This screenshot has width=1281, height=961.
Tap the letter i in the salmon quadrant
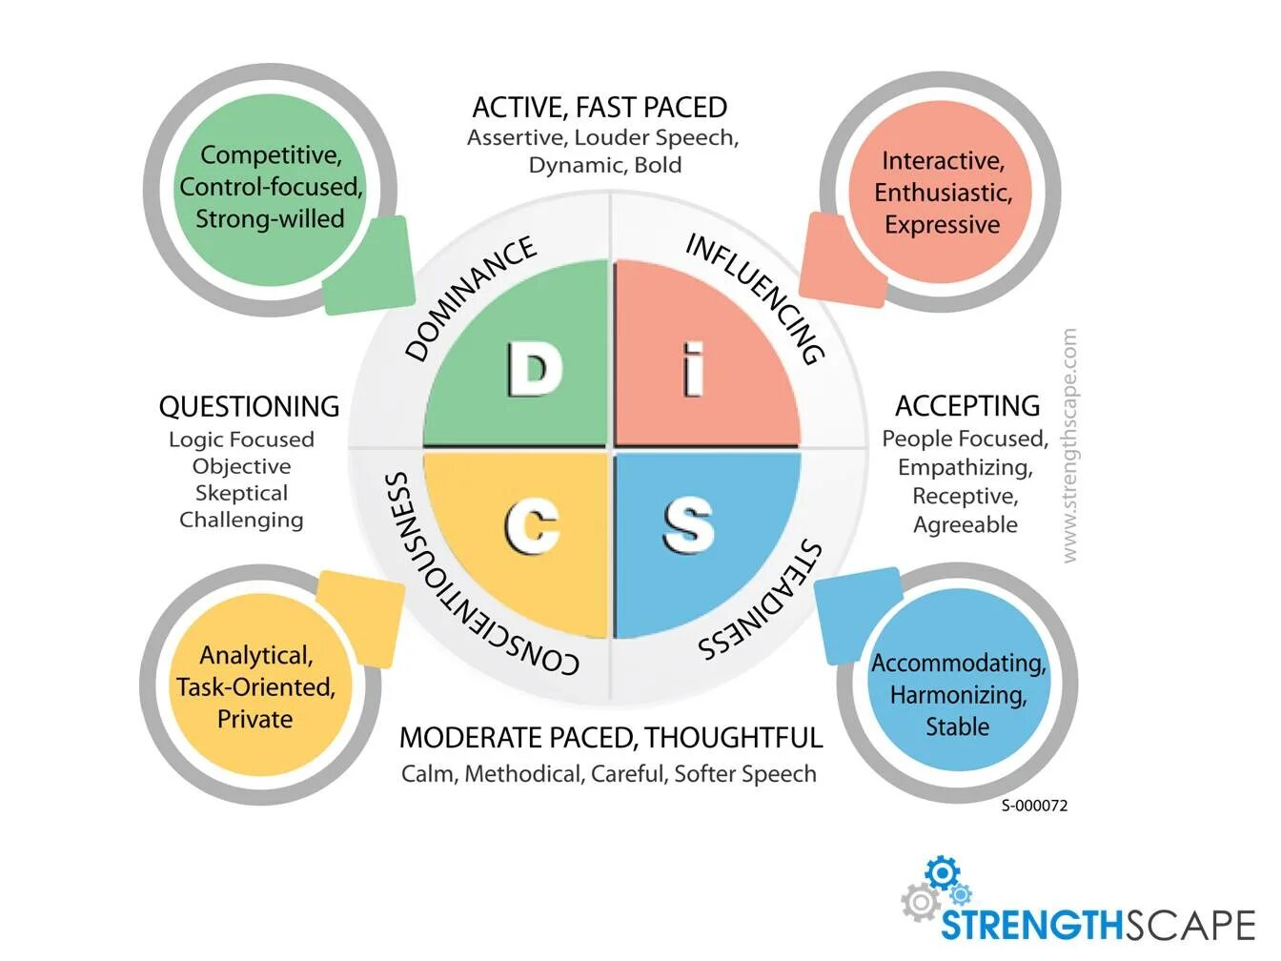694,370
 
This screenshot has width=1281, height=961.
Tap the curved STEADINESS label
762,603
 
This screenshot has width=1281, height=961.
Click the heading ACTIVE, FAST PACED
600,107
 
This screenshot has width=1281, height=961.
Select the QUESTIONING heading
249,406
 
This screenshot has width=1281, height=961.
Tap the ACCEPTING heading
966,406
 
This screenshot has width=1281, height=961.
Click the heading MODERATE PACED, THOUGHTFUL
610,737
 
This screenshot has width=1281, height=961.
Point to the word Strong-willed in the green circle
270,218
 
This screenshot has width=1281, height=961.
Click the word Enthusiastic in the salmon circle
943,193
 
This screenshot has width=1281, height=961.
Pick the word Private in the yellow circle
254,719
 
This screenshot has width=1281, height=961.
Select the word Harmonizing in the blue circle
958,695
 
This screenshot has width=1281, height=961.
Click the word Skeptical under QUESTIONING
241,493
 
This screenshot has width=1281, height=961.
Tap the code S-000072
1034,806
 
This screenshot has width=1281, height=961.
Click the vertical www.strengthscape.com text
1068,445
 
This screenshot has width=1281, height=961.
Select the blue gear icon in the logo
942,872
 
